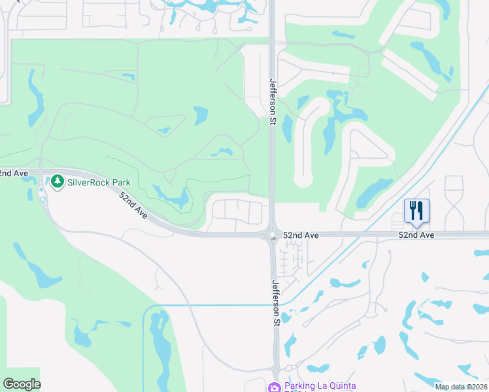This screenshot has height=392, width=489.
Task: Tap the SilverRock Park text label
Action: point(99,182)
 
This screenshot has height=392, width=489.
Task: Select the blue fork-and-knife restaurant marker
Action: point(416,211)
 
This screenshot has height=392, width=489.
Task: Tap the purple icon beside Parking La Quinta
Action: point(276,387)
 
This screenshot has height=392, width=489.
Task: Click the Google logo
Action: point(22,384)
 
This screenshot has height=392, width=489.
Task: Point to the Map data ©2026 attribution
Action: point(461,387)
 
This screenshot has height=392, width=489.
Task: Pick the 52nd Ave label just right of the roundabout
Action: point(301,235)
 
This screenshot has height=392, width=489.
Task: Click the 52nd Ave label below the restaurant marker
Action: point(416,235)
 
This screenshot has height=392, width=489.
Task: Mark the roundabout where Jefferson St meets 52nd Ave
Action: point(271,236)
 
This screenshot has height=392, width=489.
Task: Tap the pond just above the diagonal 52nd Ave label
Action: point(172,195)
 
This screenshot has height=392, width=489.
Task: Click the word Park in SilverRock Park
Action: point(120,182)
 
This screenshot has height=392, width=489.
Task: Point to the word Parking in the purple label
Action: point(299,387)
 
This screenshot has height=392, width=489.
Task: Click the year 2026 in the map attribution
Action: point(477,387)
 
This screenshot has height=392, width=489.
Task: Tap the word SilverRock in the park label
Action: point(88,182)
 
